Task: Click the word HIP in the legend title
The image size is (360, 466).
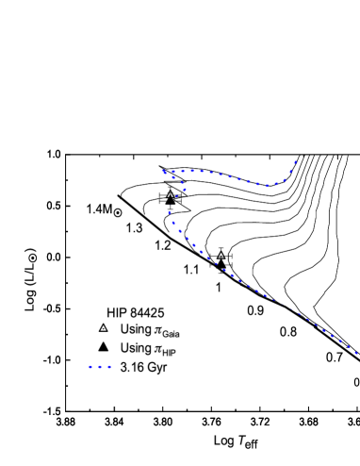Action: coord(117,312)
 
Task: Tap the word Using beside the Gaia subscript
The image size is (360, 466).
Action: coord(135,329)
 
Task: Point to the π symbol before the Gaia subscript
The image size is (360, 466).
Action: coord(156,330)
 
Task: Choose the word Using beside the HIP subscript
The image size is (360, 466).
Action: coord(135,347)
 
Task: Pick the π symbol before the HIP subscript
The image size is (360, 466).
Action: coord(156,348)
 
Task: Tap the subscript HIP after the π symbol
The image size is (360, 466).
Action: coord(170,353)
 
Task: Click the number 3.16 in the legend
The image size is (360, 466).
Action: coord(131,367)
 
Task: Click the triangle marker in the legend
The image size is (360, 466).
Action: coord(104,328)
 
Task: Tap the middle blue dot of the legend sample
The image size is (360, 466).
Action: coord(99,367)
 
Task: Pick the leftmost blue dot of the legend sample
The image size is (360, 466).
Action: coord(90,367)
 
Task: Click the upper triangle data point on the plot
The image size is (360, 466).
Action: coord(171,194)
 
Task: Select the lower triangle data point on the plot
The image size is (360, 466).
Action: coord(221,255)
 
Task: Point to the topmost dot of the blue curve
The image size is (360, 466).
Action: coord(296,161)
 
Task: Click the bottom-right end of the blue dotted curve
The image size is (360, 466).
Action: coord(357,354)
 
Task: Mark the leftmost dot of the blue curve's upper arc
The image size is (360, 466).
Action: coord(164,172)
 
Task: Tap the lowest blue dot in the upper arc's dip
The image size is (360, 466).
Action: coord(268,186)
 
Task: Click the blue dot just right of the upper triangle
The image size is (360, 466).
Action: coord(183,191)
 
